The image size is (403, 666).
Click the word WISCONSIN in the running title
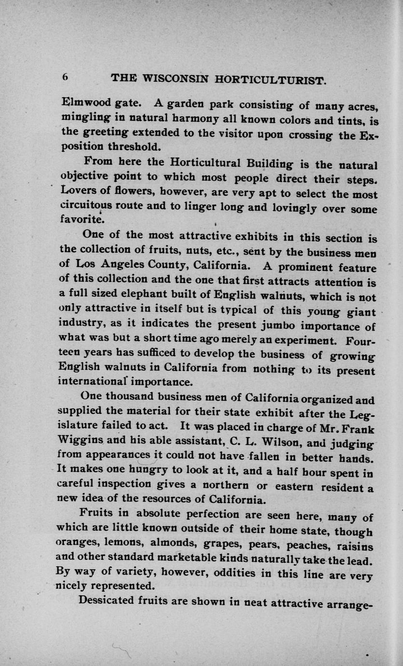[x=166, y=78]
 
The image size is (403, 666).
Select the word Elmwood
[x=83, y=102]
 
